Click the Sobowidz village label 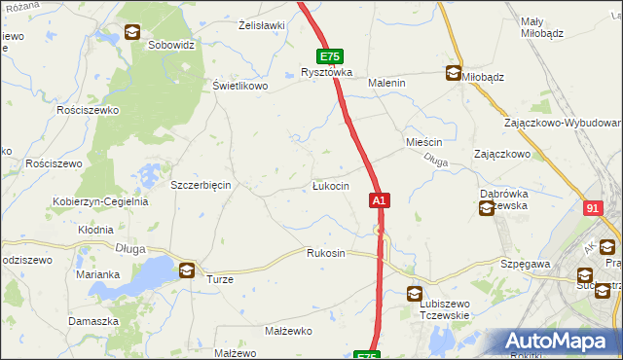click(x=171, y=45)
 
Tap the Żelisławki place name click(x=261, y=25)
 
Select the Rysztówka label click(x=326, y=73)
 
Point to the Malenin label click(x=385, y=84)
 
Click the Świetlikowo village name click(x=240, y=86)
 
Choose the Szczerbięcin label click(x=200, y=185)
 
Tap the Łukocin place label click(x=331, y=186)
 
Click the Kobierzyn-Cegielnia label click(x=100, y=202)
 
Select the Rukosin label click(x=326, y=253)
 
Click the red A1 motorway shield click(x=380, y=200)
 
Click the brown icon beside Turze click(x=186, y=270)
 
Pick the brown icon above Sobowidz click(x=131, y=32)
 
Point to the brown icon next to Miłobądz click(x=453, y=72)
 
